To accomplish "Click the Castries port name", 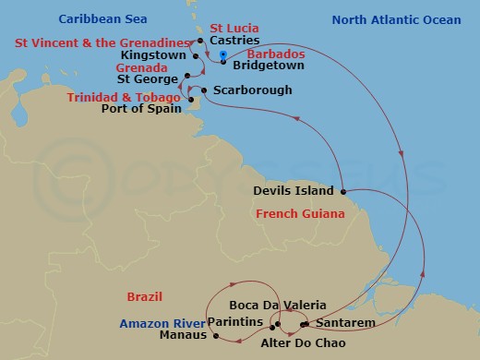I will [x=233, y=41].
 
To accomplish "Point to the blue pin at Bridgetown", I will [x=223, y=57].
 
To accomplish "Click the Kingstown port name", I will [x=160, y=55].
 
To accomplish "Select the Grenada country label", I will [x=140, y=68].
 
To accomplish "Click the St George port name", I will [x=153, y=79].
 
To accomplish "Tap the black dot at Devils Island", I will [x=342, y=192].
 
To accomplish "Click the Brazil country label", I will [x=146, y=296].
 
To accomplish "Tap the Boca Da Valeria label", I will [x=268, y=306].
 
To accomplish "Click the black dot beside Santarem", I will [x=306, y=323].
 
